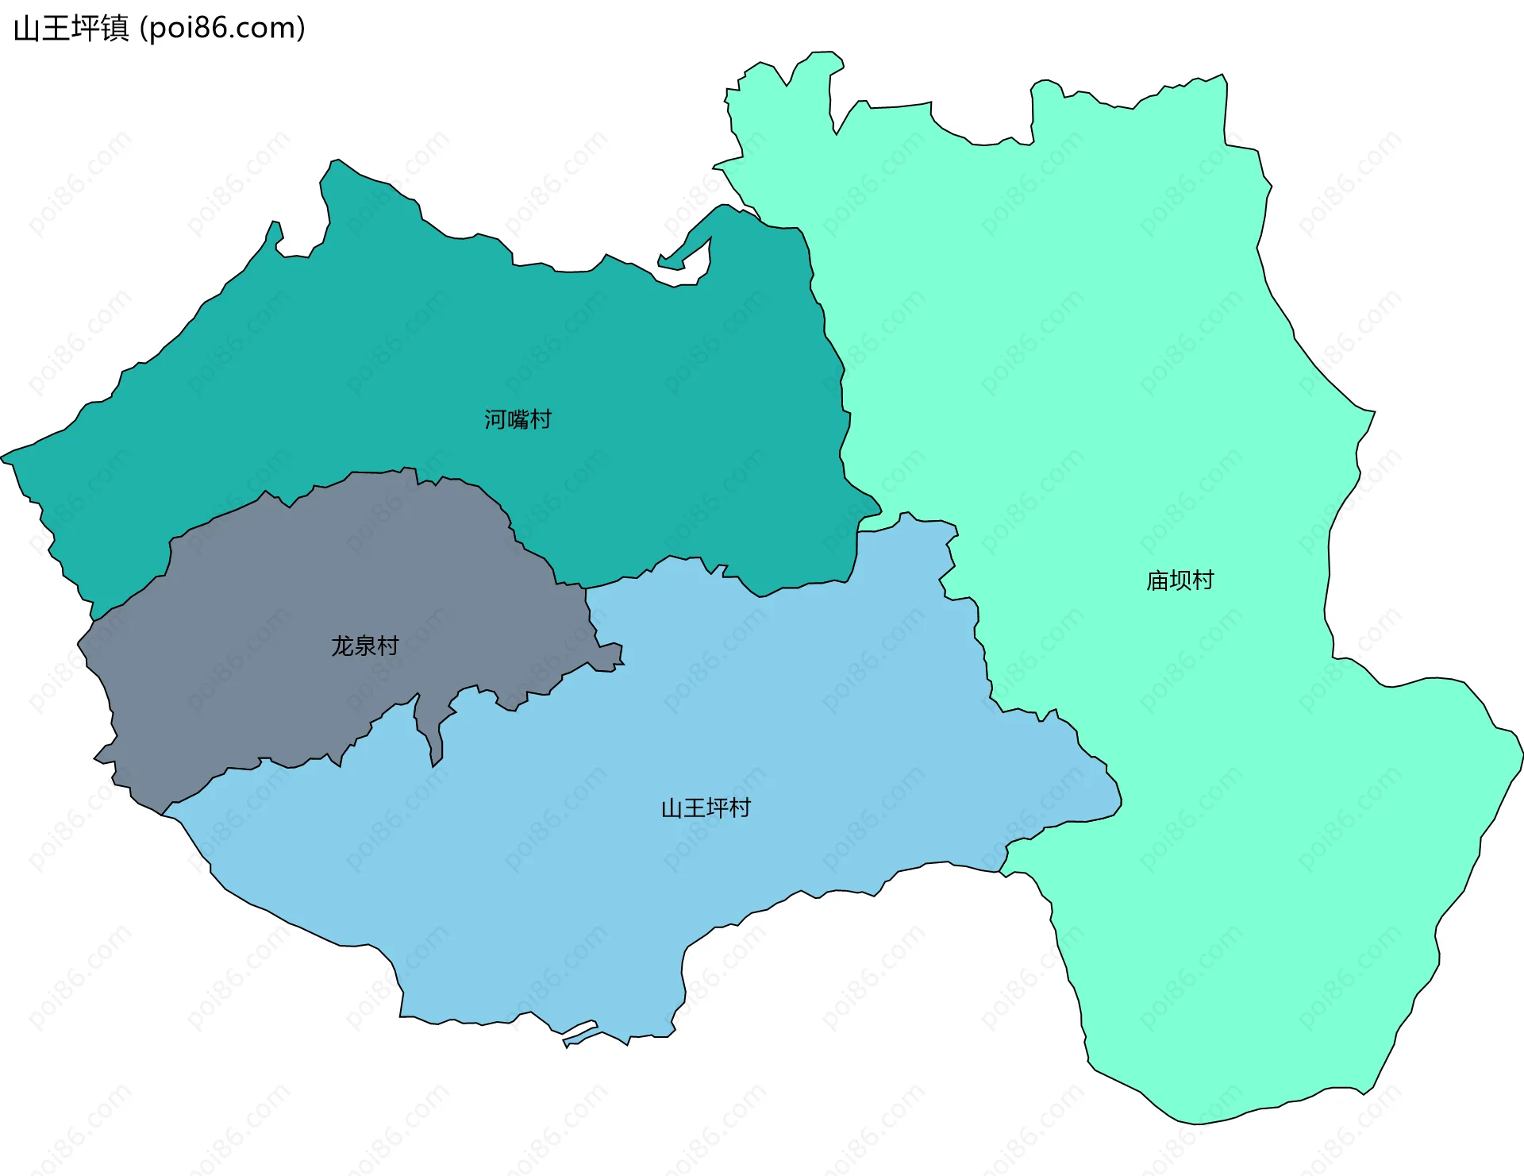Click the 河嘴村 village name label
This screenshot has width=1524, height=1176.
coord(518,419)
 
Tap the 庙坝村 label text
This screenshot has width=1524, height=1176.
coord(1180,580)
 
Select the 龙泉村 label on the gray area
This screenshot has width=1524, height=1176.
coord(364,646)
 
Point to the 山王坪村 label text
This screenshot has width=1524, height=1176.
coord(706,808)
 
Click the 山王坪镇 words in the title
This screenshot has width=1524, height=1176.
coord(71,29)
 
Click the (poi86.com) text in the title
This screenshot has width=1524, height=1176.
coord(222,29)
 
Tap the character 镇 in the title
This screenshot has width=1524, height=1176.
coord(115,29)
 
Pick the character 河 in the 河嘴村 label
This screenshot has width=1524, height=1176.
coord(495,419)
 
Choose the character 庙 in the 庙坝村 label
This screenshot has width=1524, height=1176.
coord(1157,580)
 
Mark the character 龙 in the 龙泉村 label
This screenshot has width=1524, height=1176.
coord(342,646)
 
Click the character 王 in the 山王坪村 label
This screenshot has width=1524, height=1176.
coord(695,808)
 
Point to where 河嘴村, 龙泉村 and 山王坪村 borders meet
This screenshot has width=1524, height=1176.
coord(586,588)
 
